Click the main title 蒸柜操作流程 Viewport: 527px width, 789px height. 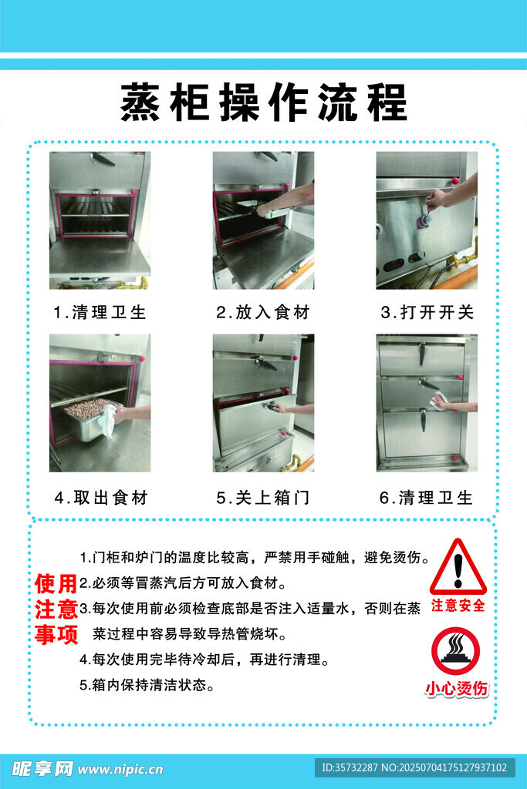[264, 102]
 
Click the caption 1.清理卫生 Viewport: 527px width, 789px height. [100, 313]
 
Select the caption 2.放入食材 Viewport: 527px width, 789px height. [263, 313]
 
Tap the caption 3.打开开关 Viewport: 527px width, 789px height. [427, 313]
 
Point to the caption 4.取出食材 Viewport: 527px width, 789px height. [101, 498]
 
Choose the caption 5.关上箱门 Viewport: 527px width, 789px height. [263, 498]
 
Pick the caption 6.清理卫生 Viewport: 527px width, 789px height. [426, 498]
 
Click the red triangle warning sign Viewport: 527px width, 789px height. [458, 567]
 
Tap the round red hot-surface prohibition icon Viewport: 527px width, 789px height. [456, 651]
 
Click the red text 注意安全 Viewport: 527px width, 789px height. [458, 606]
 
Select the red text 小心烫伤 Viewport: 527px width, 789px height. [457, 688]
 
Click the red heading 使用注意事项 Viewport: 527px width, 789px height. [56, 609]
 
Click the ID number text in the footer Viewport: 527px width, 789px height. [414, 768]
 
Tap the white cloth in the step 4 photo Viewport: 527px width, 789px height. [106, 421]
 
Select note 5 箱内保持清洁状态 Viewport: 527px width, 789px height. [147, 685]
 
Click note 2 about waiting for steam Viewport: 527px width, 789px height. [184, 583]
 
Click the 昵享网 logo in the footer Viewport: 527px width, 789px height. [42, 769]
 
